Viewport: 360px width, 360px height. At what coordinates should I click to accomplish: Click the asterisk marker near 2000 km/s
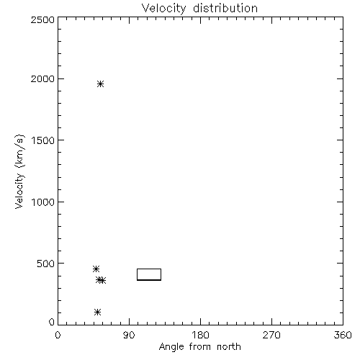(x=100, y=84)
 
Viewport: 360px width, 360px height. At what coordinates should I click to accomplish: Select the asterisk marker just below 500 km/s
(x=96, y=269)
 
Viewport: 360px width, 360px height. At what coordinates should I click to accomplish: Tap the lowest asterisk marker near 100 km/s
(x=97, y=312)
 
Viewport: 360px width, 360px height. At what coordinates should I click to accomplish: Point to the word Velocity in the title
(x=163, y=9)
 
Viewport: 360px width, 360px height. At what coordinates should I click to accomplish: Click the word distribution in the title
(x=225, y=8)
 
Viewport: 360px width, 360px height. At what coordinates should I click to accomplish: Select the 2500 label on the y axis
(x=42, y=19)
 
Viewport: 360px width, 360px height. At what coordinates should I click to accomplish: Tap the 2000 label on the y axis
(x=42, y=78)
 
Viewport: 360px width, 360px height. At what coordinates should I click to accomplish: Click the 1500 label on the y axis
(x=43, y=140)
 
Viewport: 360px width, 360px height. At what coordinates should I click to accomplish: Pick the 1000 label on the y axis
(x=43, y=202)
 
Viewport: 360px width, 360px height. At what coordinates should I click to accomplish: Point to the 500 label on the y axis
(x=46, y=264)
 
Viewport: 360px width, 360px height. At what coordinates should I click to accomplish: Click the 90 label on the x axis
(x=129, y=335)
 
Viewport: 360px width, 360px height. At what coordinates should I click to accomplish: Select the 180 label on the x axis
(x=200, y=335)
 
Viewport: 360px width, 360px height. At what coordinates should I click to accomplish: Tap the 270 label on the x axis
(x=271, y=335)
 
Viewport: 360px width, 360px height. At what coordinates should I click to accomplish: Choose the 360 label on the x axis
(x=343, y=335)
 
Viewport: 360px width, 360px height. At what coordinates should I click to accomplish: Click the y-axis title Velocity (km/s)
(x=19, y=171)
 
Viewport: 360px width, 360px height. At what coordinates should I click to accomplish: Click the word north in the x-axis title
(x=229, y=347)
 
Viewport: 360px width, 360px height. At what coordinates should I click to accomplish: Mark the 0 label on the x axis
(x=58, y=335)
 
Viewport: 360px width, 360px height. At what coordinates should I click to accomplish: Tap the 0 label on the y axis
(x=52, y=322)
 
